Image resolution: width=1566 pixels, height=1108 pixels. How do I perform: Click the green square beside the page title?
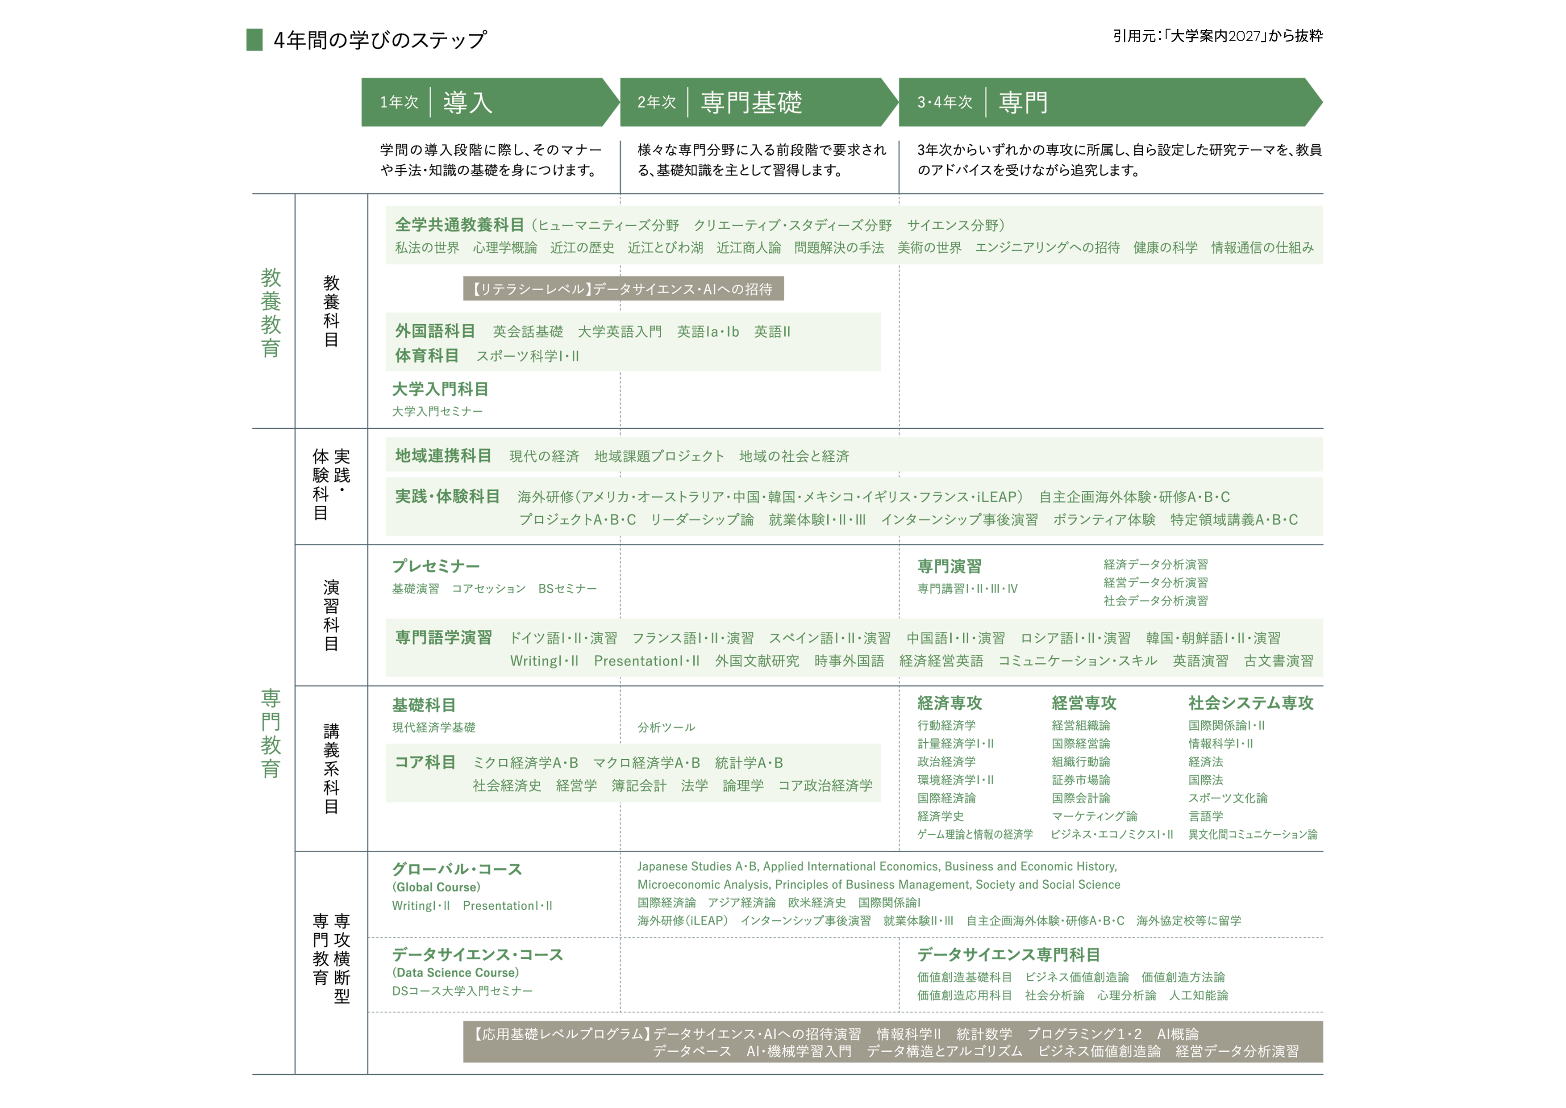point(254,40)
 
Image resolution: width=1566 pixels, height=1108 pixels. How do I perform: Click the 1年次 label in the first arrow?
point(399,102)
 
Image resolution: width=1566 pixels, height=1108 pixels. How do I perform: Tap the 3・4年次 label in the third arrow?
point(945,102)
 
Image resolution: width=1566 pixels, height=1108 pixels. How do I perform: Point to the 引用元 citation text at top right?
point(1217,35)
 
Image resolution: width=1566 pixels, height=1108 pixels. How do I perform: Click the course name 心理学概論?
point(505,248)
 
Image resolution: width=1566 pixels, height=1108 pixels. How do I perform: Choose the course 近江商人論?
point(748,248)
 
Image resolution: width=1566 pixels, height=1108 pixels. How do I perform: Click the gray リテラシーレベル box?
point(623,288)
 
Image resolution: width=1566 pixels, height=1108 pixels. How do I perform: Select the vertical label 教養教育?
point(271,313)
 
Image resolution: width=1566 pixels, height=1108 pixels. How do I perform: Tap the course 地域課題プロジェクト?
point(659,456)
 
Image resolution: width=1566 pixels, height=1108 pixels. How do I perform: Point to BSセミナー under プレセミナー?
point(567,589)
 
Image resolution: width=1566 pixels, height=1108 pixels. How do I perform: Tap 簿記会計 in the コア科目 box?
point(638,786)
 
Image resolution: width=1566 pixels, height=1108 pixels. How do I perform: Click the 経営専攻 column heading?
point(1084,703)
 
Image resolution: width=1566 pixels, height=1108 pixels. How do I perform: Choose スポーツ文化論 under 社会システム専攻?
point(1228,798)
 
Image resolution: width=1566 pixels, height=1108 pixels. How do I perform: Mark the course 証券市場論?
point(1081,780)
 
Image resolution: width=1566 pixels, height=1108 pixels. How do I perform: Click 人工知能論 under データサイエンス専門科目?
point(1198,995)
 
